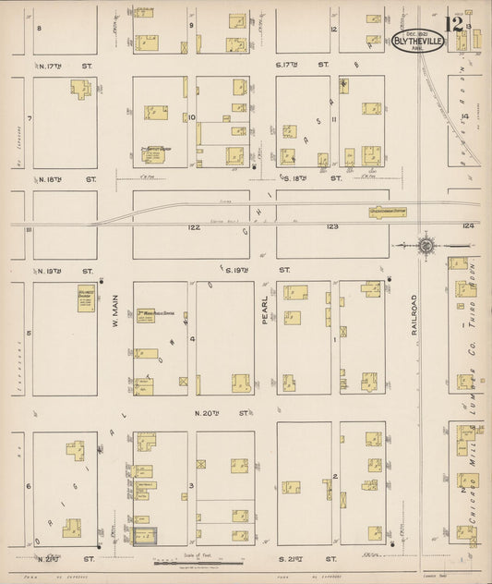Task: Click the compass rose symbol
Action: point(426,246)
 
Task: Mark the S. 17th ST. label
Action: point(302,65)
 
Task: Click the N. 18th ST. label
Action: point(65,176)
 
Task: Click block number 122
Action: point(194,226)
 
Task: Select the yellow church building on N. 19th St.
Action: point(86,298)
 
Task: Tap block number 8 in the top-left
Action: point(39,29)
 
